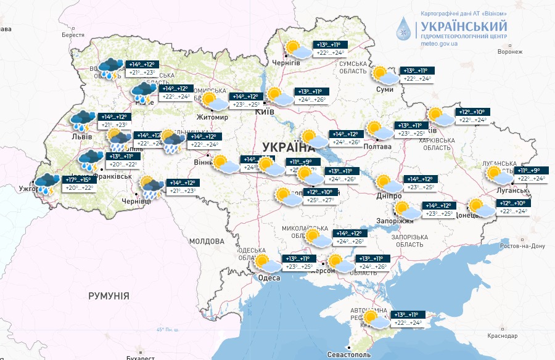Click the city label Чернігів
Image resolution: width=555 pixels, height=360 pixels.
(x=287, y=63)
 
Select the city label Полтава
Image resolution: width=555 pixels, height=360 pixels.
(x=378, y=146)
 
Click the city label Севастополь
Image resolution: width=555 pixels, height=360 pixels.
(x=348, y=356)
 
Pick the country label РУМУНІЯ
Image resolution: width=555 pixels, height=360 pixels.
(x=109, y=296)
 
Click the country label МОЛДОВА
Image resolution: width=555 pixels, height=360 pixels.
(x=206, y=241)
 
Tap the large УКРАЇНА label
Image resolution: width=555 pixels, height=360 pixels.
(x=288, y=147)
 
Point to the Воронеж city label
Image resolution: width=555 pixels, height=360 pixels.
(x=510, y=52)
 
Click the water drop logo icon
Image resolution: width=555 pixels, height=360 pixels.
(x=405, y=29)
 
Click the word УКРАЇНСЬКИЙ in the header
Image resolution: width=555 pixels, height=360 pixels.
(x=464, y=26)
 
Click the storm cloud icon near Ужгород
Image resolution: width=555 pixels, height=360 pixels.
(x=47, y=183)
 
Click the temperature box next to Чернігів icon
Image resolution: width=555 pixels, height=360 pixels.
(x=329, y=49)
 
